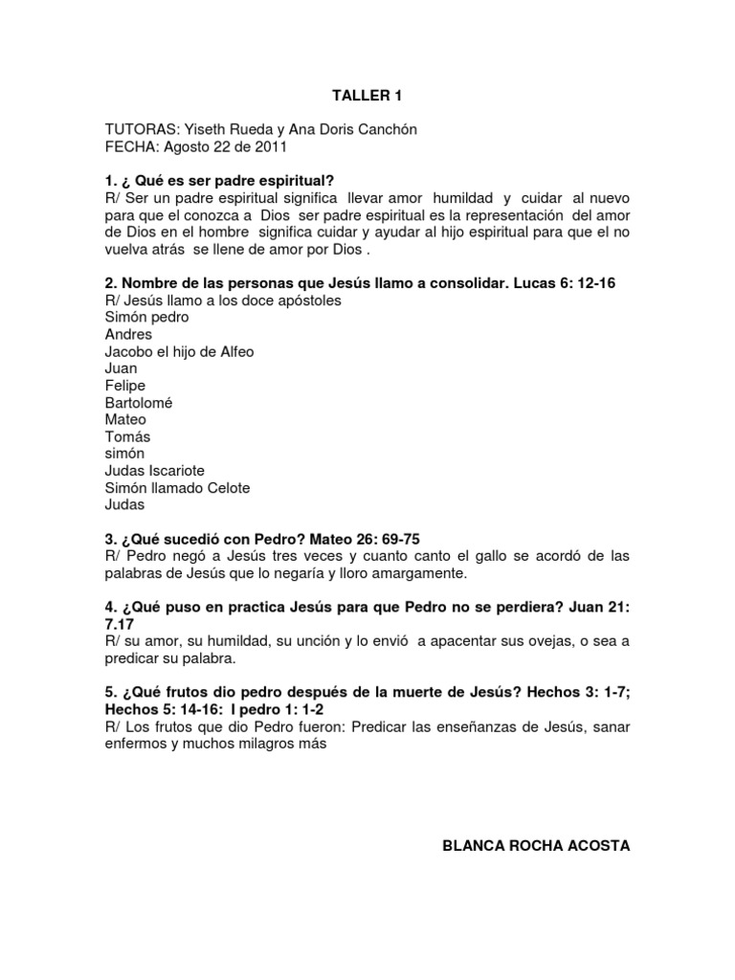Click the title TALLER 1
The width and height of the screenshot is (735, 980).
(x=361, y=96)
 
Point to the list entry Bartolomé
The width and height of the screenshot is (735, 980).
(x=139, y=403)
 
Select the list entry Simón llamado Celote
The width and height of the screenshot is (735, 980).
(x=177, y=488)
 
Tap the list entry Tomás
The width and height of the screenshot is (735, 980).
(x=127, y=436)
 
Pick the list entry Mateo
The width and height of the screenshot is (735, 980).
(x=125, y=419)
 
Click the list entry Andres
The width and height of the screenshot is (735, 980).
(x=128, y=334)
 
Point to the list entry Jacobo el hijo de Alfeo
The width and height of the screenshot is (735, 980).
(x=179, y=351)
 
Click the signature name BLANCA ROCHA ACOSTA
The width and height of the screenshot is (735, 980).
(x=536, y=846)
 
